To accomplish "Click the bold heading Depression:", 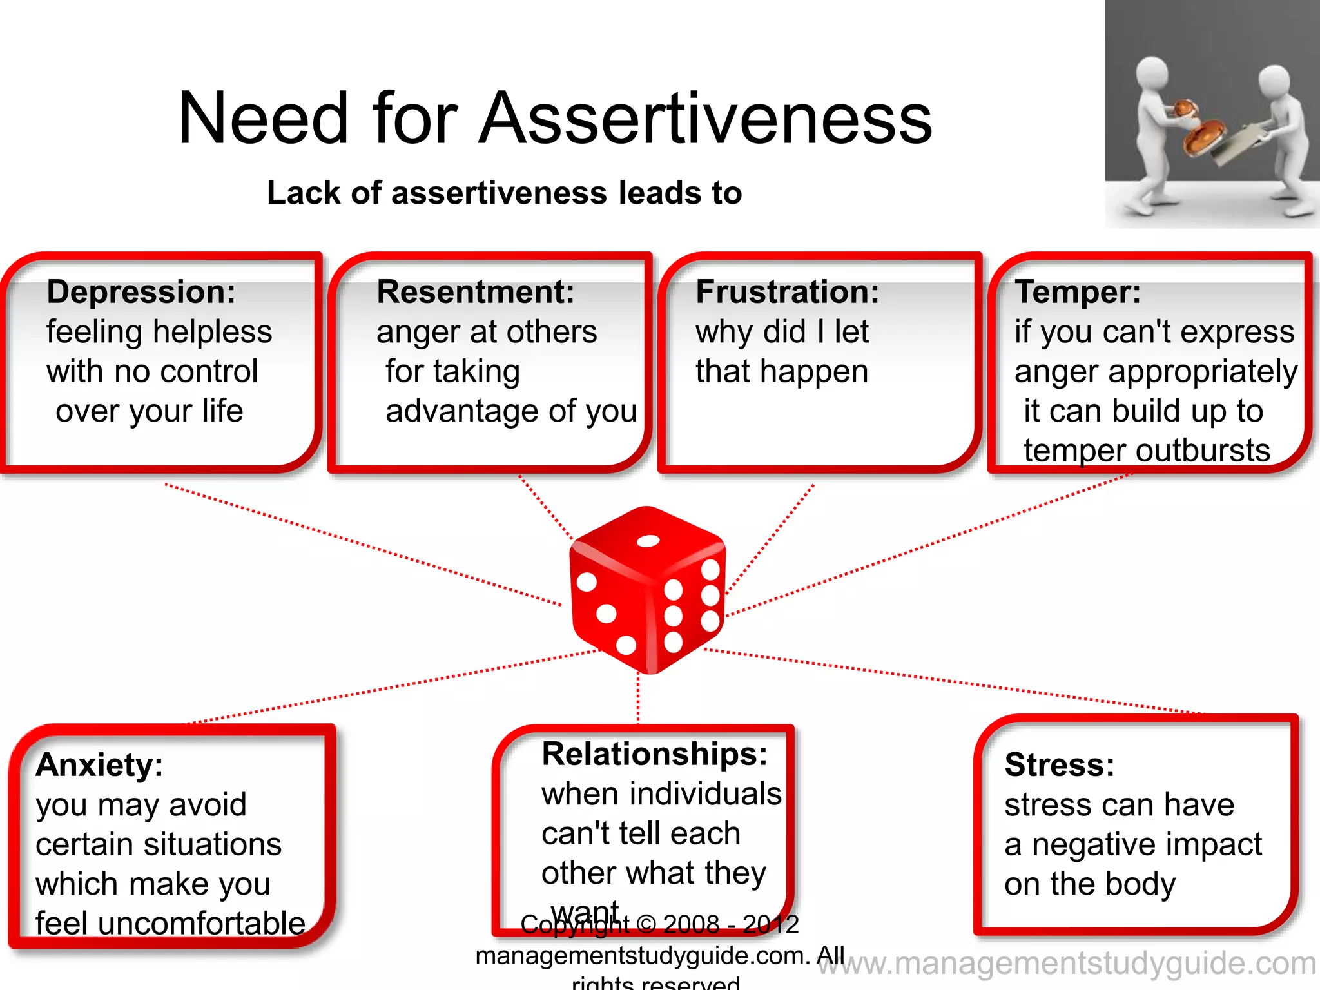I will click(x=141, y=291).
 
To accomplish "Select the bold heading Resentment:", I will click(x=476, y=291).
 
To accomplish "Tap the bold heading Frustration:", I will click(x=788, y=291).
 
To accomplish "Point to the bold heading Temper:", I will click(x=1078, y=291).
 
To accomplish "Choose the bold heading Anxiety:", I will click(x=100, y=765).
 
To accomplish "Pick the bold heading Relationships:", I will click(x=655, y=753).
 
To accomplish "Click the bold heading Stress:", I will click(x=1060, y=765).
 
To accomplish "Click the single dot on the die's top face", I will click(x=648, y=541).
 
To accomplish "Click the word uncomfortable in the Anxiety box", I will click(x=202, y=924).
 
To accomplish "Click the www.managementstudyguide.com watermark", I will click(x=1067, y=964).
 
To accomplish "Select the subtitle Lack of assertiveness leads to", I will click(x=505, y=193).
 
